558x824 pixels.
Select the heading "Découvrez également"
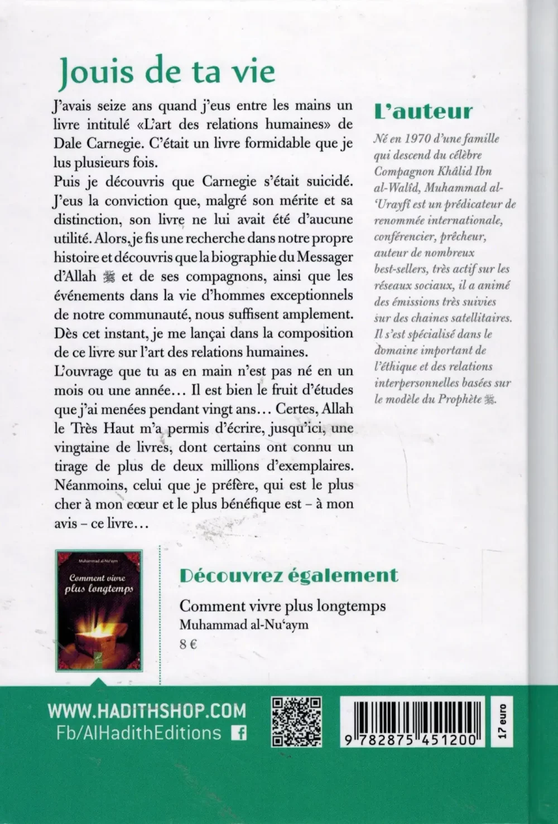288,574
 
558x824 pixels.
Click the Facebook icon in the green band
239,733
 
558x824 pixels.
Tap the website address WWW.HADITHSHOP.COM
147,710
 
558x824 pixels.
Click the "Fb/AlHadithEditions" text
135,733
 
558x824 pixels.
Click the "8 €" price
189,644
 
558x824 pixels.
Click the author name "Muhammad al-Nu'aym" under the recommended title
244,625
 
